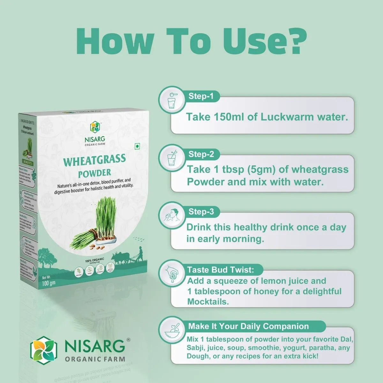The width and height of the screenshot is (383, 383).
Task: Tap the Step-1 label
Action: [x=201, y=96]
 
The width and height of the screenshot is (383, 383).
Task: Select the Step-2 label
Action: [x=201, y=154]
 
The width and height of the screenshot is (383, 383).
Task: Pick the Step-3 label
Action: [x=201, y=212]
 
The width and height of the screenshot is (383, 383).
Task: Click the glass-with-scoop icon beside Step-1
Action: [x=172, y=100]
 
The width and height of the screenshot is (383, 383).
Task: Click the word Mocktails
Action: [x=208, y=302]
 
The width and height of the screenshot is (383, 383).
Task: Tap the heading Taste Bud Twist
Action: [x=221, y=270]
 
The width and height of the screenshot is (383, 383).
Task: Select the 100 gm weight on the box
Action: [x=49, y=283]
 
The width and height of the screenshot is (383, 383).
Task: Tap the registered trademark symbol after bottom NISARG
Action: [x=128, y=340]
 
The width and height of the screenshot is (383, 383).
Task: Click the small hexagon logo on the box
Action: [x=95, y=127]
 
